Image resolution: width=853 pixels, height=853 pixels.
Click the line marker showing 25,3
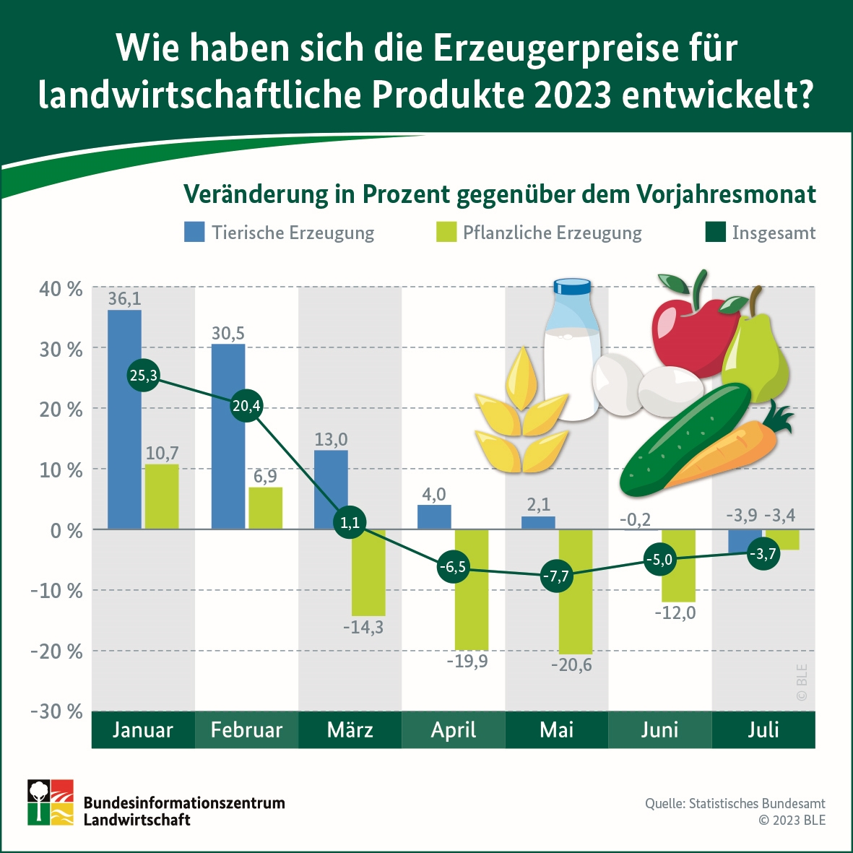pos(143,376)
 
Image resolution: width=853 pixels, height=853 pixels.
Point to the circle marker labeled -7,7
pos(556,576)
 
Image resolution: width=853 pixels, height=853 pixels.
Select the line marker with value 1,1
pos(350,522)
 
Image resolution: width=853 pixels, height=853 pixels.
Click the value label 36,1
pos(124,299)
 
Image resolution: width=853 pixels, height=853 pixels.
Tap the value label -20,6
pos(571,664)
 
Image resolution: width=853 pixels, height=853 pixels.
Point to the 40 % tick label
pos(61,289)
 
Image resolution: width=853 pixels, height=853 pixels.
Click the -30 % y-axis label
pos(56,711)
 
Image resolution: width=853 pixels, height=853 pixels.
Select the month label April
pos(453,729)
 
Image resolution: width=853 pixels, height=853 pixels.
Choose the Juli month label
pos(763,729)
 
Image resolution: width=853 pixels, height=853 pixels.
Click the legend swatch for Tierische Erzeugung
pos(194,232)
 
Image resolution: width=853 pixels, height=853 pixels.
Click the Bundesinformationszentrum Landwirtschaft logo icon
pos(51,802)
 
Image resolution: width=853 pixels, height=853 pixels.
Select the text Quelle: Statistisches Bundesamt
pos(735,803)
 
